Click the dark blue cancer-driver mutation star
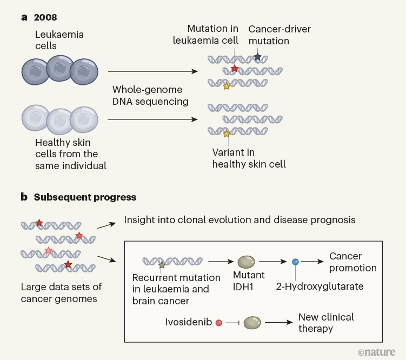point(257,57)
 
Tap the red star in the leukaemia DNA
point(234,69)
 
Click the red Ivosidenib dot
point(218,323)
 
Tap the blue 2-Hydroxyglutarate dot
point(295,262)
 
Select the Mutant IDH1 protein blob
point(247,262)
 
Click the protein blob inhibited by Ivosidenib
point(252,323)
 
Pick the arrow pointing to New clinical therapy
point(278,323)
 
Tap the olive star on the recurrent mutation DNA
point(161,265)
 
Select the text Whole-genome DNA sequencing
point(147,95)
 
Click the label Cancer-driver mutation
point(279,35)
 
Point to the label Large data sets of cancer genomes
point(61,292)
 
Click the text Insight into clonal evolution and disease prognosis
point(239,220)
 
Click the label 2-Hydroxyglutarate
point(319,286)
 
